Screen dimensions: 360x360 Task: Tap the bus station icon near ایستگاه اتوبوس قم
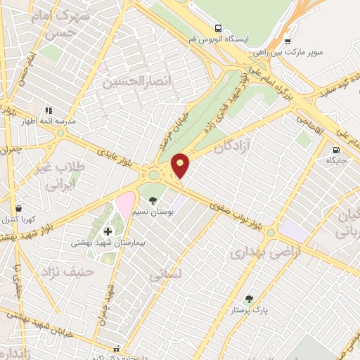pos(219,28)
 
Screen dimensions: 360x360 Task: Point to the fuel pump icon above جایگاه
pos(335,149)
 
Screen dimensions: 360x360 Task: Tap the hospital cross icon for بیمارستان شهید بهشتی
pos(108,231)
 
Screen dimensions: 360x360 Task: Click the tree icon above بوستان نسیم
pos(153,200)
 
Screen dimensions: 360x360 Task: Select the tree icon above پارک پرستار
pos(247,298)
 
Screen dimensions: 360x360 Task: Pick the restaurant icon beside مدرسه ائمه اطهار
pos(49,110)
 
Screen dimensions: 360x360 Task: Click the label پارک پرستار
pos(247,309)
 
